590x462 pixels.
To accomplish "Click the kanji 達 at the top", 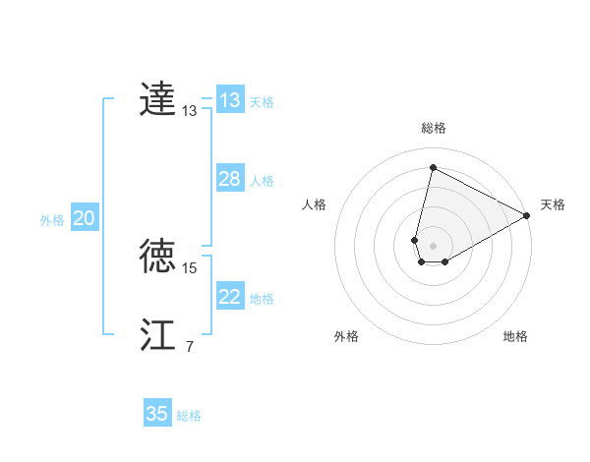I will tap(158, 100).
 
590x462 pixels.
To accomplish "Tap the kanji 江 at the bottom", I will tap(158, 334).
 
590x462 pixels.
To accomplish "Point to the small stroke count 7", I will tap(189, 347).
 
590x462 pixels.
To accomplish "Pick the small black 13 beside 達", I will tap(190, 112).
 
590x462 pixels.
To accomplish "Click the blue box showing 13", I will tap(230, 100).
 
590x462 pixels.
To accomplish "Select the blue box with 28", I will tap(230, 179).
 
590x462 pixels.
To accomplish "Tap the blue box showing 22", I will tap(230, 297).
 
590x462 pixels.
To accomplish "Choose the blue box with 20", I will tap(84, 218).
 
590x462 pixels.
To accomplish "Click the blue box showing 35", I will tap(157, 414).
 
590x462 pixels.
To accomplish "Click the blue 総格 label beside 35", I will tap(189, 416).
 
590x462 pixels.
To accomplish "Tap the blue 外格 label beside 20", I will tap(52, 220).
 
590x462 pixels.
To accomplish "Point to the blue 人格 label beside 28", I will tap(262, 181).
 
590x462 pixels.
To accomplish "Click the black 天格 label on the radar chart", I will tap(553, 204).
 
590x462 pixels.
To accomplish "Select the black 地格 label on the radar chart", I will tap(515, 336).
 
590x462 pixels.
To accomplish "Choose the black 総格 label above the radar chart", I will tap(433, 128).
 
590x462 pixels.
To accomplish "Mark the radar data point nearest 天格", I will tap(527, 216).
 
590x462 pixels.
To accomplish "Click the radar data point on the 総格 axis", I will tap(433, 167).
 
